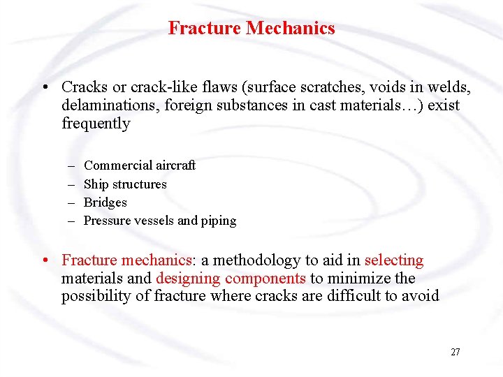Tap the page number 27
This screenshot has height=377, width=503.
pos(455,352)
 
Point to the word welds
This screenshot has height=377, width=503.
pos(451,88)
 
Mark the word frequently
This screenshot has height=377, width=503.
pos(96,124)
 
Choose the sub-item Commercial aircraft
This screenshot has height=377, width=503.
pos(140,165)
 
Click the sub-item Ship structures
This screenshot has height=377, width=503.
pos(125,184)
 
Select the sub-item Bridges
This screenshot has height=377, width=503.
pos(105,202)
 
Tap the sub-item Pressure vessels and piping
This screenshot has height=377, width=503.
pos(160,221)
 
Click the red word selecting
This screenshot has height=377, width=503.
pos(394,260)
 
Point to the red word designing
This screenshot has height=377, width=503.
pos(187,279)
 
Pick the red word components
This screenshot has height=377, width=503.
pos(266,279)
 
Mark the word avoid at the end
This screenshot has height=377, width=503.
pos(422,296)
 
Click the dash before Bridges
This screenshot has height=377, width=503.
pos(72,202)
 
